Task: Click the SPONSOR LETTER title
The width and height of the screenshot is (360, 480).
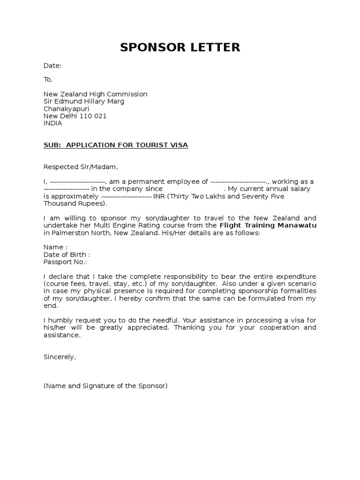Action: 180,47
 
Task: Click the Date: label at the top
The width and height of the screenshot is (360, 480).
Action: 52,66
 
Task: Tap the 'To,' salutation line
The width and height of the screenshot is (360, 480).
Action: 48,80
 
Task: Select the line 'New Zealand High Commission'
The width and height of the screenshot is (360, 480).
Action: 95,94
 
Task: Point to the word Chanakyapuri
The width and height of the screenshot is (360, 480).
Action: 66,109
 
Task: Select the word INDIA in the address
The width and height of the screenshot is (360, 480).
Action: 52,123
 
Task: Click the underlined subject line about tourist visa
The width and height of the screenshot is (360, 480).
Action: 115,145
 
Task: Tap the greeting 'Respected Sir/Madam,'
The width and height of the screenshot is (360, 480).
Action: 78,167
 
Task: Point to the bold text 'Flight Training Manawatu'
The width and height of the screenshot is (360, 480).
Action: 268,225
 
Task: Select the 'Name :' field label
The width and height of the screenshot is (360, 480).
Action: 55,247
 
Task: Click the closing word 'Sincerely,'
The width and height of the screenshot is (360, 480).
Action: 60,357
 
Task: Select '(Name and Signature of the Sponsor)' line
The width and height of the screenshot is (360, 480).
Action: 105,386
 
